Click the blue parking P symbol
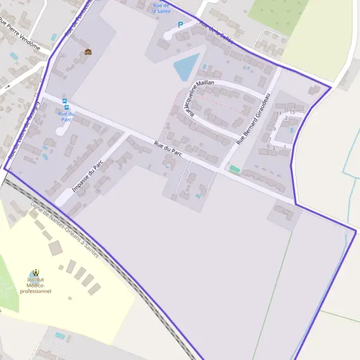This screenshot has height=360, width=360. coord(179,25)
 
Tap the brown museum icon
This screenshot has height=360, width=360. coord(88,52)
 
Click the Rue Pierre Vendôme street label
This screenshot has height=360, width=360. coord(20,37)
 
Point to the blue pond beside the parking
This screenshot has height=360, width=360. coord(186,66)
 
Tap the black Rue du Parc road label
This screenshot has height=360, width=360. coord(168,148)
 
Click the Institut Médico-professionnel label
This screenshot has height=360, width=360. coord(35,285)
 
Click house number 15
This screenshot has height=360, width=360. coord(292,112)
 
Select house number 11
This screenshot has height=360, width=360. coord(278,113)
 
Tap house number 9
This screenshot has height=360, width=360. coord(274,129)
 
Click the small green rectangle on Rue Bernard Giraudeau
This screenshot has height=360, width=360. coord(235,170)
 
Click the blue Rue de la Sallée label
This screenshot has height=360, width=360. coord(161,8)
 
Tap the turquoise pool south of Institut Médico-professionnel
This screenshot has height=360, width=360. coord(60,335)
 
